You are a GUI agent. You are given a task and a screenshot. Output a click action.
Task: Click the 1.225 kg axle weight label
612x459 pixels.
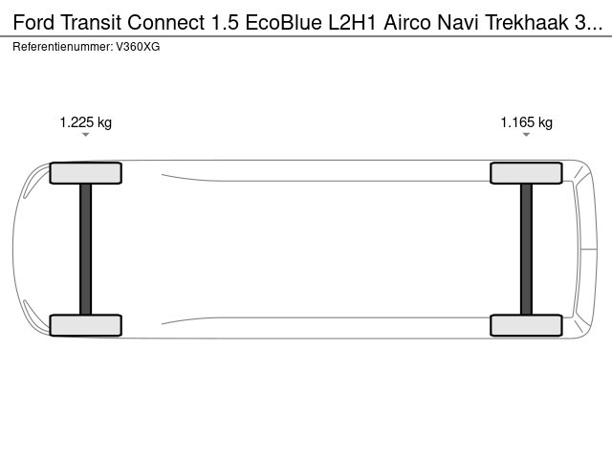(85, 122)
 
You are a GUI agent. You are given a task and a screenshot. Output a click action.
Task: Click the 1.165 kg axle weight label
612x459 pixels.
(527, 122)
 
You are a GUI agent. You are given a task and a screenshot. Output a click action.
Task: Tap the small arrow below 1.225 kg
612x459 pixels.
(85, 135)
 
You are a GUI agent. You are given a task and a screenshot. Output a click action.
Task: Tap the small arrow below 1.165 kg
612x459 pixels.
(526, 135)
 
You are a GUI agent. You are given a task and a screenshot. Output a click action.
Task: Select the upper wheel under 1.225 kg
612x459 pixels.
(85, 173)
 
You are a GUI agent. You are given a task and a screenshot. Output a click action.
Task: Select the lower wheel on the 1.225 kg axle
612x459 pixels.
(85, 325)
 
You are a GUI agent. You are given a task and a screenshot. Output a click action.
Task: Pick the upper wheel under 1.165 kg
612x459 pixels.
(526, 173)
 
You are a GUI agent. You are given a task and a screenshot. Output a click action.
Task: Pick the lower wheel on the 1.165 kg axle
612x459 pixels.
(526, 325)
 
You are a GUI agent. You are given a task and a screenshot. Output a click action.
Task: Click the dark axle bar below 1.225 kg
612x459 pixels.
(85, 249)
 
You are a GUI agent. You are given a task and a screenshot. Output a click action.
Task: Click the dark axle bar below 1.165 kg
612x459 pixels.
(526, 249)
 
